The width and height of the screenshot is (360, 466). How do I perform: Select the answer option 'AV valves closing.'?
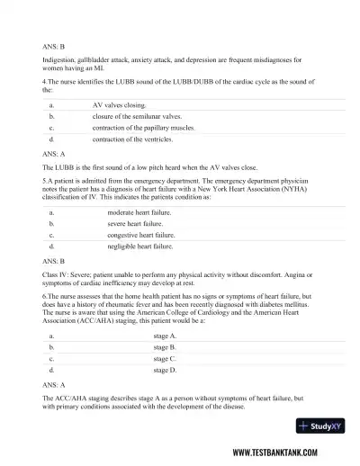[x=120, y=105]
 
